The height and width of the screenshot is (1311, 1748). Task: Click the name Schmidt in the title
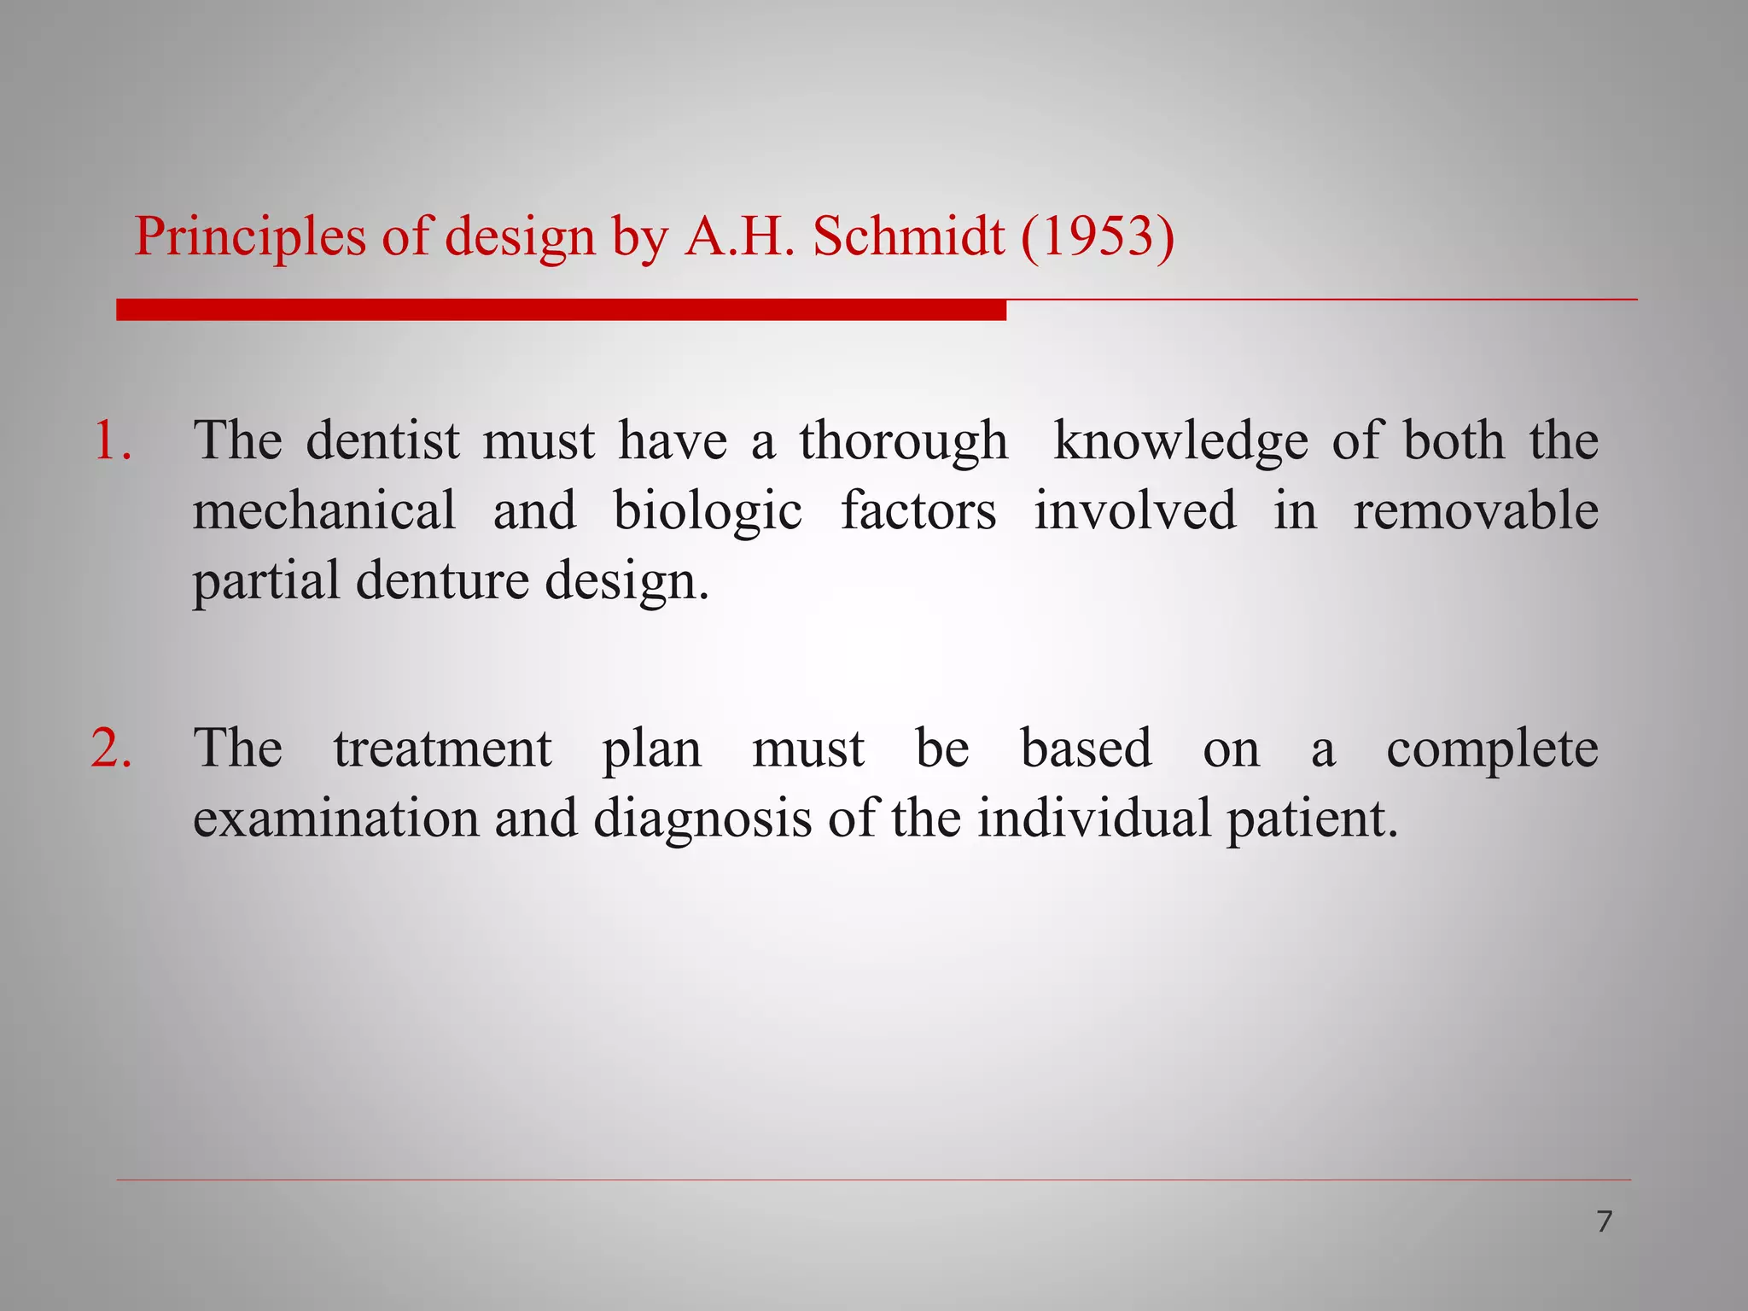908,236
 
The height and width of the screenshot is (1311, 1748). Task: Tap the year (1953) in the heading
1098,236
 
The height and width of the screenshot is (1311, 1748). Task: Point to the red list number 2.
112,749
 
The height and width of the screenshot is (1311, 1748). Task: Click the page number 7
1604,1221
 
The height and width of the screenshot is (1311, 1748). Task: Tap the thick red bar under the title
561,310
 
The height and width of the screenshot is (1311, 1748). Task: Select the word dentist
382,441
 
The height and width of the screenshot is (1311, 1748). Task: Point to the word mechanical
324,511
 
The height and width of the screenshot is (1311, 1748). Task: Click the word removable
1476,511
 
